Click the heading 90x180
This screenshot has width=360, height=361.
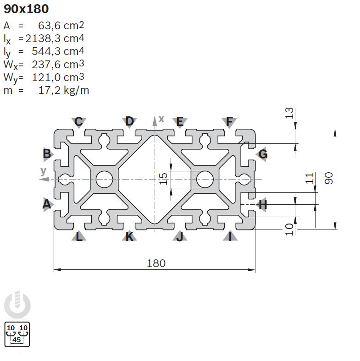tap(26, 9)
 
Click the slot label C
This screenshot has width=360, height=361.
tap(79, 121)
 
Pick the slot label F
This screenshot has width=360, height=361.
tap(229, 121)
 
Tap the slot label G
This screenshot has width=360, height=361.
tap(263, 154)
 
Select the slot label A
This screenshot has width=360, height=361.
tap(46, 204)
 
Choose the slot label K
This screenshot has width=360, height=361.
tap(130, 236)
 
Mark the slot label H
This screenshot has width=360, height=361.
tap(262, 204)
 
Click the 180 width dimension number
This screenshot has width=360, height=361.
tap(156, 263)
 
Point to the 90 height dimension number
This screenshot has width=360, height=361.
tap(328, 179)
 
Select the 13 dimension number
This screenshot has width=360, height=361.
tap(289, 114)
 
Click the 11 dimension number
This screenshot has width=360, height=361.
tap(310, 178)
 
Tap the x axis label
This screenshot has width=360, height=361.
tap(161, 119)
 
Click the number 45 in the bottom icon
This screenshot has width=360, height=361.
tap(17, 339)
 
